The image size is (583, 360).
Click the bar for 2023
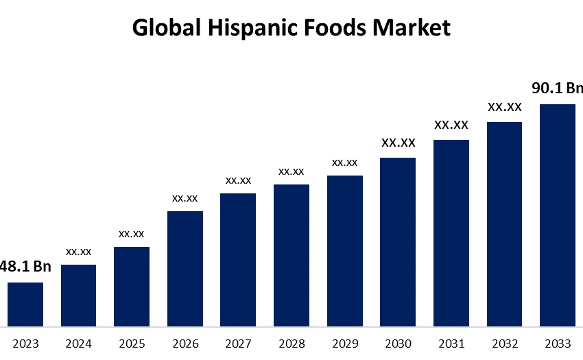[x=25, y=304]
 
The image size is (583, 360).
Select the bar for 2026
[x=185, y=268]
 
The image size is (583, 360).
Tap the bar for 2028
[x=291, y=255]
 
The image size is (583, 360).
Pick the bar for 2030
[x=398, y=241]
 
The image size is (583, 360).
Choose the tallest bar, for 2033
[x=558, y=215]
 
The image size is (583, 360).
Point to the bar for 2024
[x=79, y=295]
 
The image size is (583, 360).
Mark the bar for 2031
[x=451, y=232]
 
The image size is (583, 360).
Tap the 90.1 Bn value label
[x=557, y=88]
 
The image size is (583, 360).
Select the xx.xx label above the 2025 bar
[x=132, y=234]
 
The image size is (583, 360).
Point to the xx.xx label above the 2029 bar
[x=344, y=163]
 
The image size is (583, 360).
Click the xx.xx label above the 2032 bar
[x=504, y=107]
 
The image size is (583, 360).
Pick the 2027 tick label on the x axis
[x=239, y=344]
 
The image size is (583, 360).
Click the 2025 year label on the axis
[x=132, y=344]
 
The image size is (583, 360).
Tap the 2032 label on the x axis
[x=504, y=344]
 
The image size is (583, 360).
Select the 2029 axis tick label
[x=344, y=344]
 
